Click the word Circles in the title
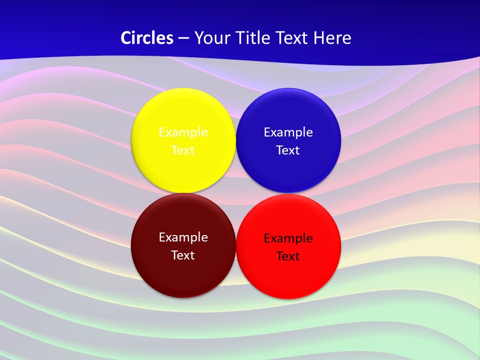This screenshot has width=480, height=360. click(x=147, y=38)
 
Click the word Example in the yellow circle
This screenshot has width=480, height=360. click(x=183, y=132)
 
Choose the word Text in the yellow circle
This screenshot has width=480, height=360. click(x=183, y=150)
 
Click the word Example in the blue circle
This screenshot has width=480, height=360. click(x=288, y=132)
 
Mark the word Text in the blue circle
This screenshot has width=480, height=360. click(x=288, y=150)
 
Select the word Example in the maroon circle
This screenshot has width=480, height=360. click(x=183, y=237)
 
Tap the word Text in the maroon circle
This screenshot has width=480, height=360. click(x=183, y=255)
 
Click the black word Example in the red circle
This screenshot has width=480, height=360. click(x=288, y=238)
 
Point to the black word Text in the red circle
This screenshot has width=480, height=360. click(x=288, y=256)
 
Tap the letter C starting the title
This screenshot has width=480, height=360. click(x=125, y=38)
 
